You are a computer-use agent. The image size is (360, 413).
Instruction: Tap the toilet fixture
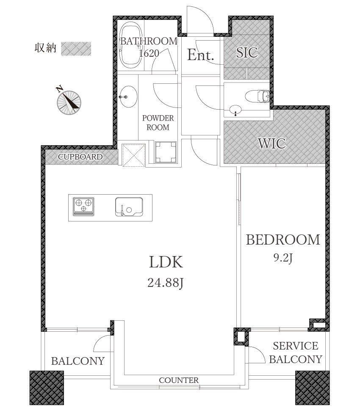click(257, 96)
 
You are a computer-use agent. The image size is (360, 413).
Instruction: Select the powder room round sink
click(128, 96)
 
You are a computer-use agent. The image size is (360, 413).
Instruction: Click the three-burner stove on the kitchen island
click(83, 206)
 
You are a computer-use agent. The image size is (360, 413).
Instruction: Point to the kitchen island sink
click(129, 207)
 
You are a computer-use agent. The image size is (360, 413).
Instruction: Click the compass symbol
click(69, 101)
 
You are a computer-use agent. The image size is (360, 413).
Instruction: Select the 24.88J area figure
click(165, 283)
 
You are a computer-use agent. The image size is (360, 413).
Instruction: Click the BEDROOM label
click(283, 240)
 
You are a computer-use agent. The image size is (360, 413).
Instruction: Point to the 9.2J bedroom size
click(283, 258)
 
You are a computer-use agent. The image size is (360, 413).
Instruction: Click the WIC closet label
click(272, 143)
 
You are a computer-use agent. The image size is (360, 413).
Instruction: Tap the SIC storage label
click(246, 52)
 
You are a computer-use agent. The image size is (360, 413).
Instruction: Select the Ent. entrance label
click(200, 55)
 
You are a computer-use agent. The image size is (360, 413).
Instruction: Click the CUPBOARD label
click(80, 157)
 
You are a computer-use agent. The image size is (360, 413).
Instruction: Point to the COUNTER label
click(179, 380)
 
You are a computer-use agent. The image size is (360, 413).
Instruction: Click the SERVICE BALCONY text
click(296, 352)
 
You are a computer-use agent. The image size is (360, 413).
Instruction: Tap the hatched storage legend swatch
click(76, 49)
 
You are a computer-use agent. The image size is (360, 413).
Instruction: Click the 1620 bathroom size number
click(149, 53)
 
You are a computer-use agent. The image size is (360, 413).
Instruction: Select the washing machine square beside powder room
click(166, 152)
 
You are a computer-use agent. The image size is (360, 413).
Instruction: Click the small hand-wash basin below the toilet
click(235, 109)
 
